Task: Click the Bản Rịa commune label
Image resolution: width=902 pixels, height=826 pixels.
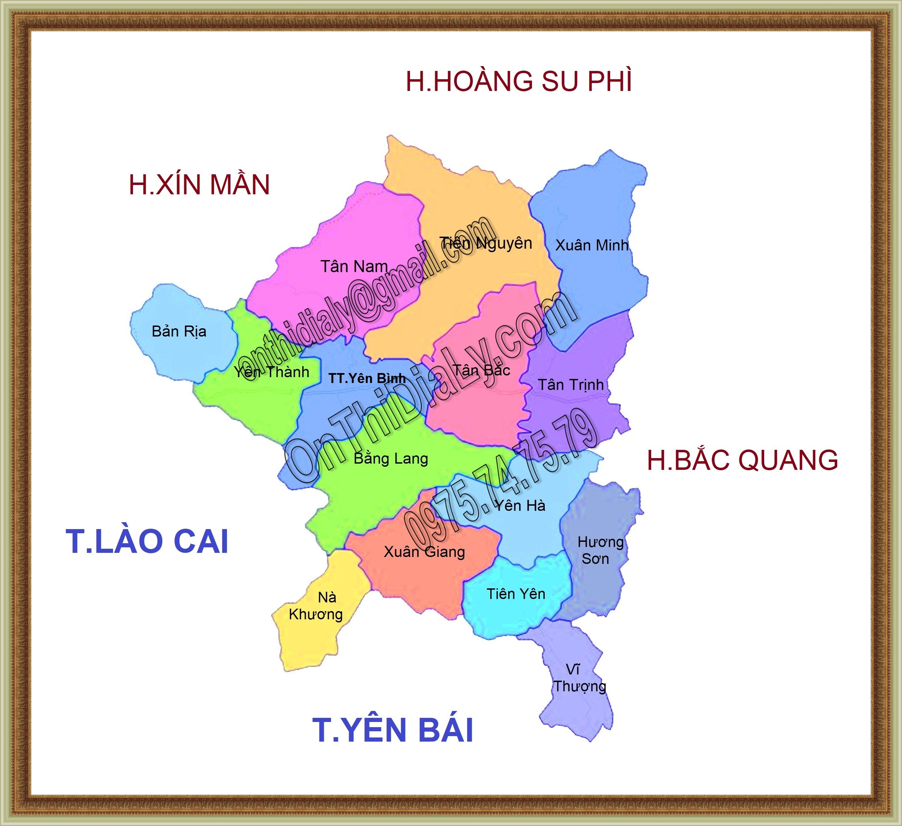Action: point(179,331)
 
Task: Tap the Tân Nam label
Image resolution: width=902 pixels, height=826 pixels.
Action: point(354,267)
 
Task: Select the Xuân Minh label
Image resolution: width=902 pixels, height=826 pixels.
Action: point(592,245)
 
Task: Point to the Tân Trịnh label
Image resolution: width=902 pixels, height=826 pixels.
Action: point(571,385)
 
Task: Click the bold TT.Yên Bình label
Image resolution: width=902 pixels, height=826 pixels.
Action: point(367,378)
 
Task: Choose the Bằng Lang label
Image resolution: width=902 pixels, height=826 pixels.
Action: point(391,458)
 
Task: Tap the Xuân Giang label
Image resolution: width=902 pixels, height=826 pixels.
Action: point(424,551)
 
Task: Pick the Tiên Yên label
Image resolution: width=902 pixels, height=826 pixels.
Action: point(516,594)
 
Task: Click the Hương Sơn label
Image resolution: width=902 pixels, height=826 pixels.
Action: point(599,550)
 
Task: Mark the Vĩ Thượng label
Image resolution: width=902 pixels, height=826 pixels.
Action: point(580,678)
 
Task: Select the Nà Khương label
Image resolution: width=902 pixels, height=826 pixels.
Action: point(316,606)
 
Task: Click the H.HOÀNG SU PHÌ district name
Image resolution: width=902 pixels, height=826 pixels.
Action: point(519,81)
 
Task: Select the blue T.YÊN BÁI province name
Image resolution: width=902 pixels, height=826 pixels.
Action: point(392,730)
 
